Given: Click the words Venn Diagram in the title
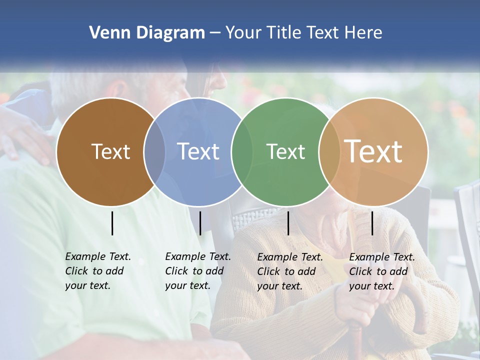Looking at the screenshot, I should [146, 33].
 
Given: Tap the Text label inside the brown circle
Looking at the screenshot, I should [110, 151].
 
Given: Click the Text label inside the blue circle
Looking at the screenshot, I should [198, 151].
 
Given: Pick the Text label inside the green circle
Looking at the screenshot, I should [285, 151].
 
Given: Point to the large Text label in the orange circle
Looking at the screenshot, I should [373, 151].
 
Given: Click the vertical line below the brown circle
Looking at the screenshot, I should [112, 223].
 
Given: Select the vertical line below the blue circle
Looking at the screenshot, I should [200, 223].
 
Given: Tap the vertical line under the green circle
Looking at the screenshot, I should [288, 223].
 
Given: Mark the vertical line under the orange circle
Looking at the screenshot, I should [372, 223].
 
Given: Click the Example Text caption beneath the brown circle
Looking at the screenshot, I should [97, 270].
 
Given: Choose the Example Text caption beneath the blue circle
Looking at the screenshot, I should [197, 270].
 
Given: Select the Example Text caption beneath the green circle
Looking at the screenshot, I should [289, 271].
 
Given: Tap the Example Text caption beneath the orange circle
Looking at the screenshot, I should [381, 271].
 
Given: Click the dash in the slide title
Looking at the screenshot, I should [215, 33].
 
